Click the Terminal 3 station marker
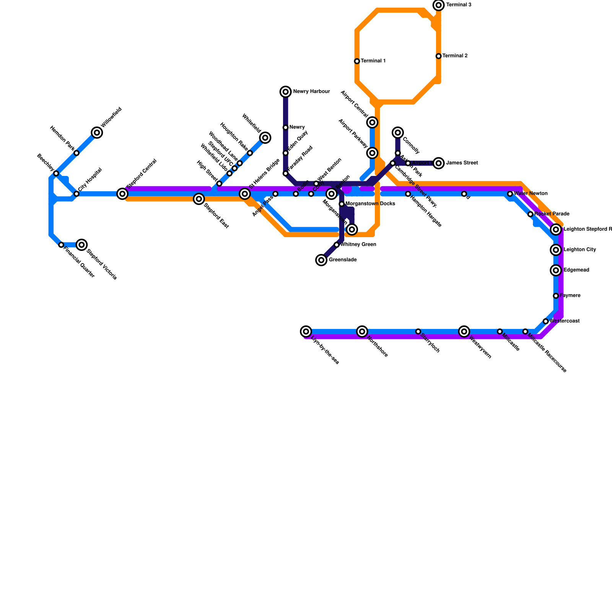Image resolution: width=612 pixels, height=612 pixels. click(439, 5)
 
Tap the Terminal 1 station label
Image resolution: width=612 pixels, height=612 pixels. click(373, 61)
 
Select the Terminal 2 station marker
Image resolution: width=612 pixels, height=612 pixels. click(439, 56)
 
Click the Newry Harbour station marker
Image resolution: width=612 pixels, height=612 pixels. click(286, 92)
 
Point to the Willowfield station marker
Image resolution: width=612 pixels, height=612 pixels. click(97, 133)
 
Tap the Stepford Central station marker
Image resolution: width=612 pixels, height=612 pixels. click(122, 194)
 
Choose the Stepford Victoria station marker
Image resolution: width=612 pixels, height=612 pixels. click(81, 245)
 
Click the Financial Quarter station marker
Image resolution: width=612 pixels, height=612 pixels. click(61, 245)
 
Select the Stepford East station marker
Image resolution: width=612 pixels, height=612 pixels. click(199, 199)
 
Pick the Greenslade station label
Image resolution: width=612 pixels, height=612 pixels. click(343, 260)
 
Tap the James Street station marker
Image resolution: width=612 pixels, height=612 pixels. click(439, 163)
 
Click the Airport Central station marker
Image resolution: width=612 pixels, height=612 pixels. click(373, 122)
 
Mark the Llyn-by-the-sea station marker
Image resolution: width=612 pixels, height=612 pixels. click(306, 331)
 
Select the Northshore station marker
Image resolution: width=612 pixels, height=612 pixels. click(362, 331)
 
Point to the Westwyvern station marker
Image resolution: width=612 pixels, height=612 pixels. click(464, 331)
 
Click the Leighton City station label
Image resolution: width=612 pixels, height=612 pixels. click(579, 250)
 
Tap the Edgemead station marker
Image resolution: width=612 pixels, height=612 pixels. click(556, 270)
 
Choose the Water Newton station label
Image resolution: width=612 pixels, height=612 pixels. click(531, 194)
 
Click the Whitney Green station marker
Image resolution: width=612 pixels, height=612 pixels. click(337, 245)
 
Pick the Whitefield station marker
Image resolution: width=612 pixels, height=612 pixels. click(265, 138)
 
